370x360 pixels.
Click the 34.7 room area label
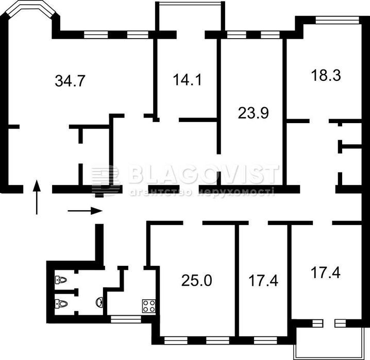pyautogui.click(x=70, y=81)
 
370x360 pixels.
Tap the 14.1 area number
pyautogui.click(x=188, y=79)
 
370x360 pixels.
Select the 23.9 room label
pyautogui.click(x=253, y=113)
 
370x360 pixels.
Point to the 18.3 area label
pyautogui.click(x=326, y=75)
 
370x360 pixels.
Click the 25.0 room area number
pyautogui.click(x=197, y=281)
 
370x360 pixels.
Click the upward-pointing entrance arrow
pyautogui.click(x=37, y=197)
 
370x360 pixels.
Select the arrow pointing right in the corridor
pyautogui.click(x=85, y=211)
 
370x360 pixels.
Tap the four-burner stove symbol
pyautogui.click(x=149, y=306)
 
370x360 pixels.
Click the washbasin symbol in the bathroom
pyautogui.click(x=100, y=302)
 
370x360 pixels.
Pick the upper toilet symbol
pyautogui.click(x=61, y=280)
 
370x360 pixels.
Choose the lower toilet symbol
pyautogui.click(x=61, y=303)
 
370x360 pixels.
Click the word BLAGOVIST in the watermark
pyautogui.click(x=204, y=175)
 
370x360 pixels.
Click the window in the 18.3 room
pyautogui.click(x=338, y=20)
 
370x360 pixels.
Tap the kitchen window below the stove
pyautogui.click(x=126, y=319)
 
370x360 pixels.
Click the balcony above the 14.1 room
pyautogui.click(x=190, y=16)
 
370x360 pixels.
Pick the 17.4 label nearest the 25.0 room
pyautogui.click(x=263, y=281)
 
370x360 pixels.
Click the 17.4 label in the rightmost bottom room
pyautogui.click(x=326, y=272)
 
